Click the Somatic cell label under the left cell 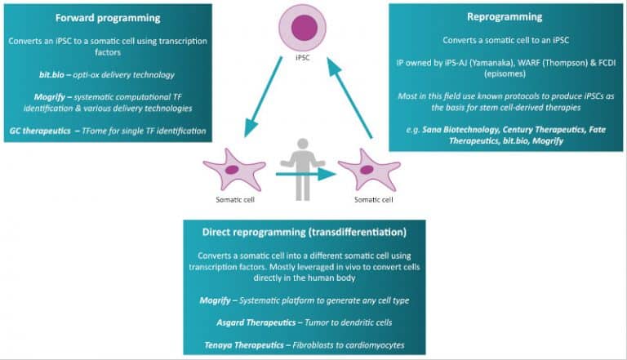231,200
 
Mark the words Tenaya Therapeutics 242,344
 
